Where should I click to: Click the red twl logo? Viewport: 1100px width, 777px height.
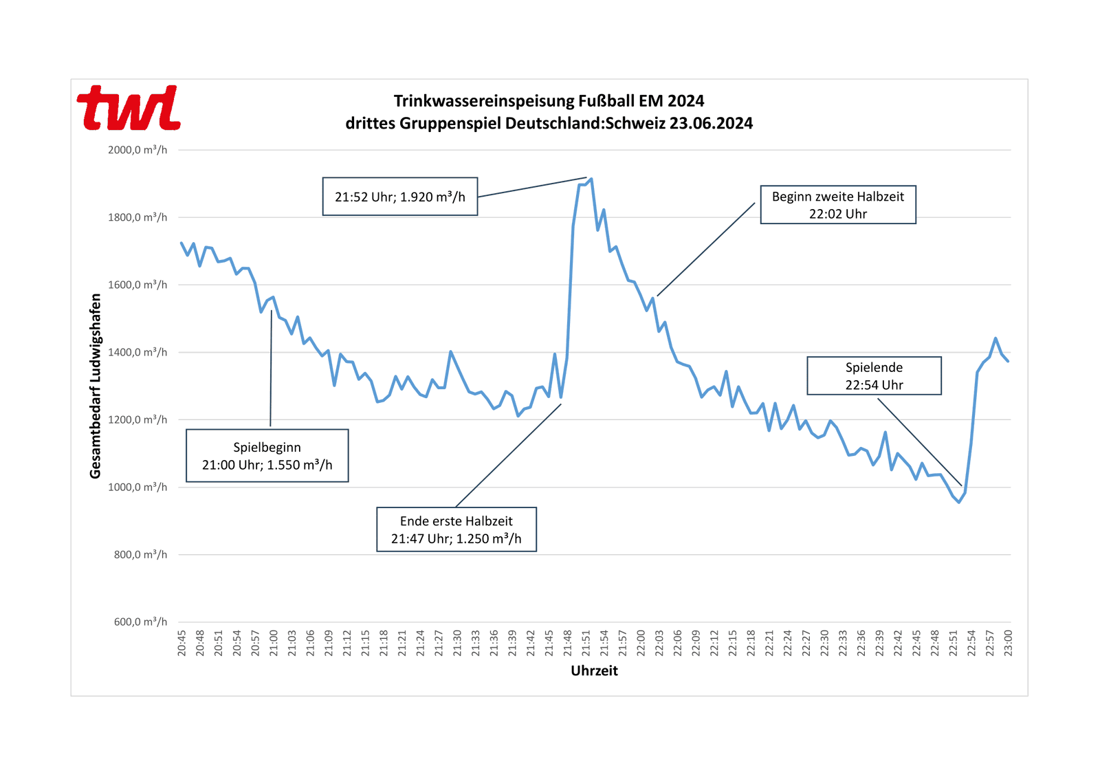point(129,108)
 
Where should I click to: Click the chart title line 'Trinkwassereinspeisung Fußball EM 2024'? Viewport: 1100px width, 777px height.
point(549,101)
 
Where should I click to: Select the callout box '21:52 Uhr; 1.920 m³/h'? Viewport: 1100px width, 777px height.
point(400,197)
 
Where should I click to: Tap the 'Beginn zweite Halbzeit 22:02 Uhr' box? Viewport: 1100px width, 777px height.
point(837,205)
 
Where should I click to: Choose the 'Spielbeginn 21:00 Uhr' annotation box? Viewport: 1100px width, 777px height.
point(267,456)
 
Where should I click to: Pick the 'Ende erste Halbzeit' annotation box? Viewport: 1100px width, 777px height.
point(456,529)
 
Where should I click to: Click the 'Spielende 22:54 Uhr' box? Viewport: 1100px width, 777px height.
point(874,375)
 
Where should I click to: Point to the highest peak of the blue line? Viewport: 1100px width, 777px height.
point(591,179)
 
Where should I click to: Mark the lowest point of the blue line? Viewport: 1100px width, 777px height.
point(959,502)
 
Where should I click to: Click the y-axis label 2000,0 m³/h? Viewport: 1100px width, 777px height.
point(137,150)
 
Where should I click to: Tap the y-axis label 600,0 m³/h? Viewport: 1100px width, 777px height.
point(140,622)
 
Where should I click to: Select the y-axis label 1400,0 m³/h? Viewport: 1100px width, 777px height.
point(137,352)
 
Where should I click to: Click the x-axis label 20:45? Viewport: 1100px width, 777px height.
point(181,643)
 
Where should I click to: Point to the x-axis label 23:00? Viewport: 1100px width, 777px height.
point(1008,643)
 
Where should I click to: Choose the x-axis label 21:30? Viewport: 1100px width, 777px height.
point(457,643)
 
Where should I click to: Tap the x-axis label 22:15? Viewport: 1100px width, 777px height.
point(733,643)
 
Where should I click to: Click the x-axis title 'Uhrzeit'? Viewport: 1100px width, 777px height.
point(594,671)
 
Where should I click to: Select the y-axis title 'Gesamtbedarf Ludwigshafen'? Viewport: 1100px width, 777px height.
point(96,386)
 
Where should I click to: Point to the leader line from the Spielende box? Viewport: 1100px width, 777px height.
point(919,442)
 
